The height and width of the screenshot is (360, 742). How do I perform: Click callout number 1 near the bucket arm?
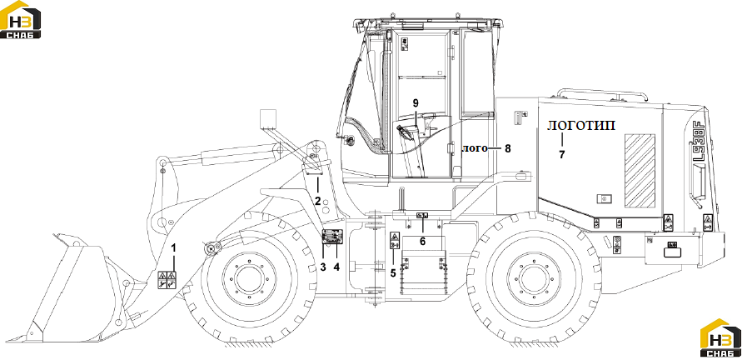click(174, 247)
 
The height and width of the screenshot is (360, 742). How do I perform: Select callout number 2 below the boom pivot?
click(318, 200)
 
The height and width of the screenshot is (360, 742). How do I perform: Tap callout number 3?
click(323, 267)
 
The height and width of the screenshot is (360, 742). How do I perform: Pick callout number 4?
click(336, 267)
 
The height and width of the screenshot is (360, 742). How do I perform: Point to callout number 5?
click(393, 272)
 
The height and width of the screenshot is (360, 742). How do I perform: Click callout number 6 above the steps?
click(422, 242)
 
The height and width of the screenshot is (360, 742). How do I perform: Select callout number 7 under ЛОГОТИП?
click(562, 154)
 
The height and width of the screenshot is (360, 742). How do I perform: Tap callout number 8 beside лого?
click(508, 148)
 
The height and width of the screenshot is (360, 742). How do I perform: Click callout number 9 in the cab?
click(416, 103)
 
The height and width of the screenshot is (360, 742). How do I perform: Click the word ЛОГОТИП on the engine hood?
click(581, 126)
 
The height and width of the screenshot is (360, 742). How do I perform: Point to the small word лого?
click(474, 148)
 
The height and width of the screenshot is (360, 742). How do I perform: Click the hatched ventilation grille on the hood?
click(640, 171)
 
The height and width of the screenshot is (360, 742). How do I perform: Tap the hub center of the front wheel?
click(249, 279)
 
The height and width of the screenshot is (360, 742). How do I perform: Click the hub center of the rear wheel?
click(533, 279)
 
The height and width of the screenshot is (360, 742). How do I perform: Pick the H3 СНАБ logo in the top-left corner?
click(20, 19)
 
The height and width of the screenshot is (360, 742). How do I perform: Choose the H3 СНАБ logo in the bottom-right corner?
click(720, 337)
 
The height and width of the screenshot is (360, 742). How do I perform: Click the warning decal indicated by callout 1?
click(167, 281)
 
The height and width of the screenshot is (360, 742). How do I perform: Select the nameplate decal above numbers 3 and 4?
click(331, 237)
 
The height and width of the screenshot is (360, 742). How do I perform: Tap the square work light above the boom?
click(268, 118)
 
